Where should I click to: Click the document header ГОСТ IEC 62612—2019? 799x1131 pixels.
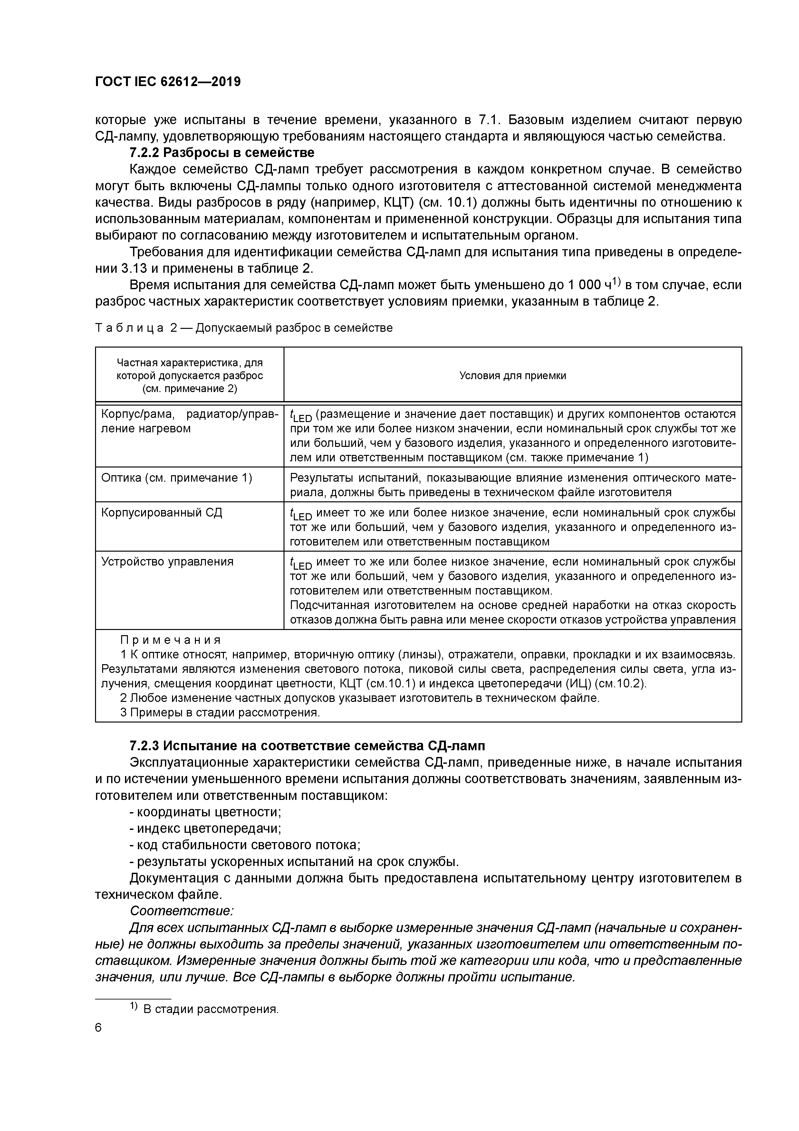(x=168, y=82)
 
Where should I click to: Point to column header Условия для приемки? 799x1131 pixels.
(x=513, y=375)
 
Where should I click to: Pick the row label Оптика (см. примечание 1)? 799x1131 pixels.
(x=176, y=478)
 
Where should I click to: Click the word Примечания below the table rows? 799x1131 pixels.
(x=171, y=640)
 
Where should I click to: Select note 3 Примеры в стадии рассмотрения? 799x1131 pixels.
(x=220, y=712)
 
